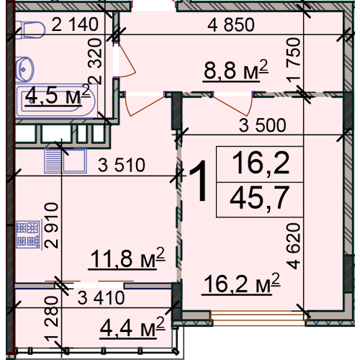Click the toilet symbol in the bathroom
pos(30,30)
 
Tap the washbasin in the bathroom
pos(24,69)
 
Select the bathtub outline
pos(57,101)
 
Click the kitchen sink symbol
pos(66,161)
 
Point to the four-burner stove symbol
pos(28,235)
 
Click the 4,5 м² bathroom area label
pos(58,95)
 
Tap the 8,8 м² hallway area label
pos(235,71)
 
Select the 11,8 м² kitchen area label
pos(127,258)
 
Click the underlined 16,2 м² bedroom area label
pos(241,284)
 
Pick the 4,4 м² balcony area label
pos(132,328)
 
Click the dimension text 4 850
pos(231,24)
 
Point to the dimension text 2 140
pos(75,24)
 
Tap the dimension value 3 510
pos(122,165)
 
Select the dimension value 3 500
pos(263,125)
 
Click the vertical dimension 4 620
pos(294,246)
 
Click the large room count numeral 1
pos(198,181)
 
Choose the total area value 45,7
pos(259,199)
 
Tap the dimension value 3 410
pos(101,298)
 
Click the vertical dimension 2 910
pos(51,225)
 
